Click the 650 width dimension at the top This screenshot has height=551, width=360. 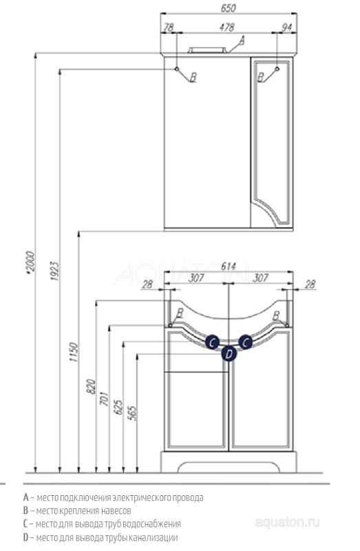pos(229,8)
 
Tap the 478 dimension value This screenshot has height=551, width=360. pos(226,27)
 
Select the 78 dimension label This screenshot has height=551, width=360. pos(169,27)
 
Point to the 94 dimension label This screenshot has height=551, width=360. pos(287,27)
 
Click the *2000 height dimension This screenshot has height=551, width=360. pos(30,262)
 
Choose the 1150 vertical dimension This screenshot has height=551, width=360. pos(73,352)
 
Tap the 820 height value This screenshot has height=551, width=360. pos(91,386)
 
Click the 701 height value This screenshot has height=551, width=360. pos(105,399)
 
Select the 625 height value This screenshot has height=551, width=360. pos(118,407)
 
